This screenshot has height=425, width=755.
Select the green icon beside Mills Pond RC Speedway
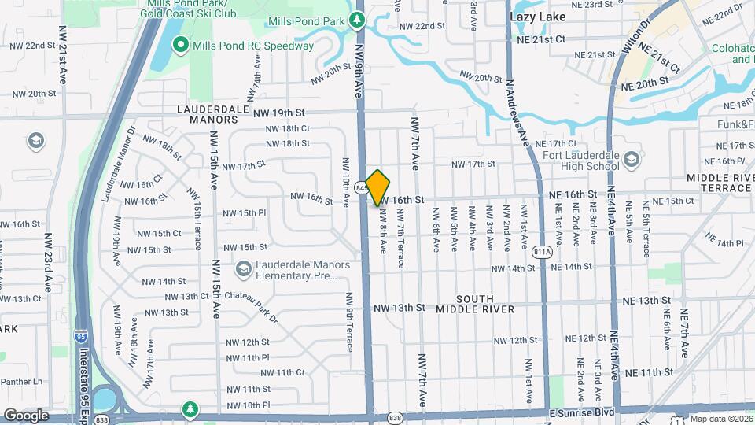coord(179,46)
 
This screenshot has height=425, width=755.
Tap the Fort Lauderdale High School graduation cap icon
coord(632,161)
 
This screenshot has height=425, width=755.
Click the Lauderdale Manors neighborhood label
coord(208,115)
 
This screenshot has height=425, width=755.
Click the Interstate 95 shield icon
coord(82,337)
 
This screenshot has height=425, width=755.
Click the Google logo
coord(26,415)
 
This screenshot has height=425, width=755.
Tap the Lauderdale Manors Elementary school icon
coord(243,268)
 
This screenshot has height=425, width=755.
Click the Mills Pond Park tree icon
coord(357,19)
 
